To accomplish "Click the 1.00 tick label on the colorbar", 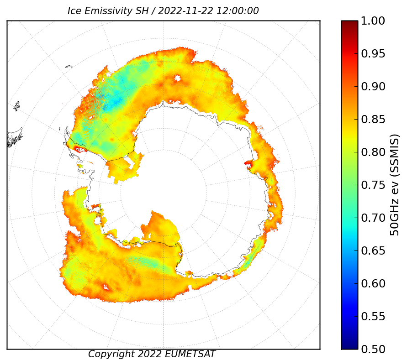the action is coord(373,21).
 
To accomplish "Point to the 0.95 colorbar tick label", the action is coord(373,54).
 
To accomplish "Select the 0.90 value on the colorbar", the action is coord(373,87).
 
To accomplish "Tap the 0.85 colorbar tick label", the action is coord(373,120).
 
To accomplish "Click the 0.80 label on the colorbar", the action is coord(373,152).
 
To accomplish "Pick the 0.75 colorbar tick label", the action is coord(373,185).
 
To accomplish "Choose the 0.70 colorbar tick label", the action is coord(373,218).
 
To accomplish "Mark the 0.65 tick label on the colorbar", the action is coord(373,251).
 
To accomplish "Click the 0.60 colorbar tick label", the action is coord(373,283).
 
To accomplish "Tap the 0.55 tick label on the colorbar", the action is coord(373,317).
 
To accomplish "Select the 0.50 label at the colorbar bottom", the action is coord(373,349).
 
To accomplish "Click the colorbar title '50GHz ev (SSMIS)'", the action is coord(395,185).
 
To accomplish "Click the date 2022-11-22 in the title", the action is coord(185,11).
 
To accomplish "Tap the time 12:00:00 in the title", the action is coord(238,11).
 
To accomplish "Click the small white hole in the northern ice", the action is coord(178,78).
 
